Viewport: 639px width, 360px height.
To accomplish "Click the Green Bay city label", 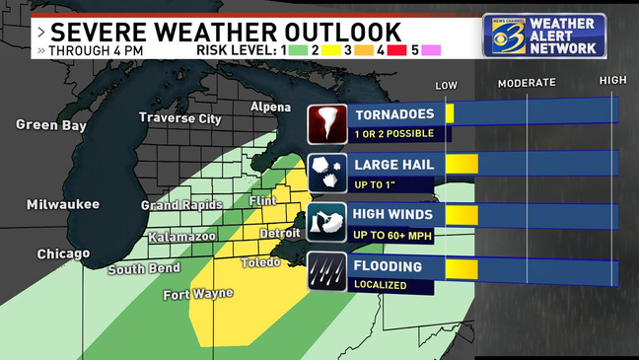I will pyautogui.click(x=47, y=124).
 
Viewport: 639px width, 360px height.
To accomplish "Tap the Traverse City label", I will pyautogui.click(x=179, y=118).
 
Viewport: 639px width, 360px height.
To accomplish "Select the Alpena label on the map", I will pyautogui.click(x=270, y=107).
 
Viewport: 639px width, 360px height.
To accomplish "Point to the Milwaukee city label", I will pyautogui.click(x=63, y=204).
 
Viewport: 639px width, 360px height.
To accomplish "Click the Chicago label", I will pyautogui.click(x=63, y=253).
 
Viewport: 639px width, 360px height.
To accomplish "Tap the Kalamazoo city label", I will pyautogui.click(x=181, y=237).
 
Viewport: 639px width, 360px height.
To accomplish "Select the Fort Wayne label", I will pyautogui.click(x=198, y=293).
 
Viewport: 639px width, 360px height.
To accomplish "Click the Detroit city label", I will pyautogui.click(x=279, y=233).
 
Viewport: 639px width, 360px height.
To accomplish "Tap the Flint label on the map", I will pyautogui.click(x=263, y=200).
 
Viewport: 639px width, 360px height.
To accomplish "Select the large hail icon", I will pyautogui.click(x=325, y=173).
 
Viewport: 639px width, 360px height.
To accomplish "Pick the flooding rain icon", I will pyautogui.click(x=325, y=271).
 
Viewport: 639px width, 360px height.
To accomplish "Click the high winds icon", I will pyautogui.click(x=325, y=222).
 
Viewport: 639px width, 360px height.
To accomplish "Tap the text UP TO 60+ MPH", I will pyautogui.click(x=393, y=233).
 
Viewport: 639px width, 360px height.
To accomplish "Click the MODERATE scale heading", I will pyautogui.click(x=526, y=83).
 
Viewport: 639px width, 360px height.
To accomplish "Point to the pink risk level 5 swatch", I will pyautogui.click(x=431, y=49).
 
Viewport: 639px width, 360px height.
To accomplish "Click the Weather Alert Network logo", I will pyautogui.click(x=543, y=36).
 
